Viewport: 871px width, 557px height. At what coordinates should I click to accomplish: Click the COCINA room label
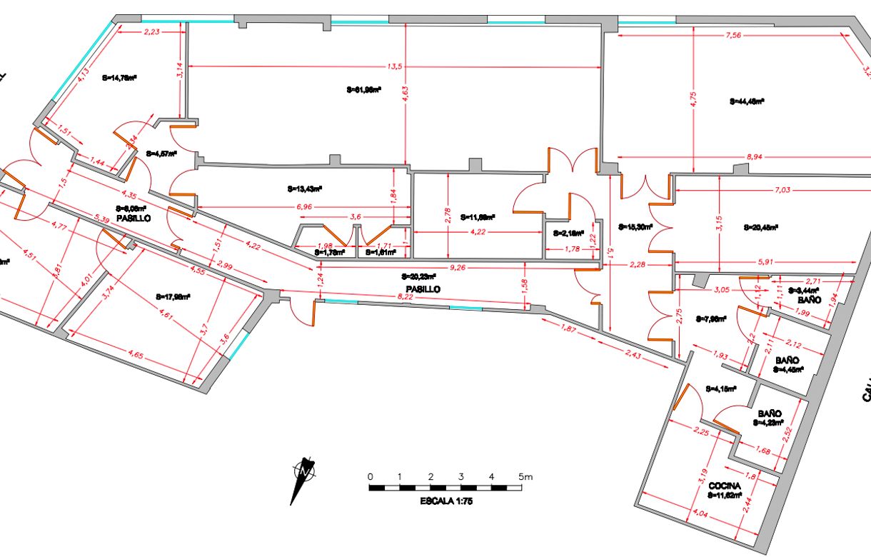tap(725, 486)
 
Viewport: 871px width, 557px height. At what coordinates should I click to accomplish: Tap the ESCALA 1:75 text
tap(446, 501)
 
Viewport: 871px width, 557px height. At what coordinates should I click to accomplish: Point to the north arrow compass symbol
tap(303, 475)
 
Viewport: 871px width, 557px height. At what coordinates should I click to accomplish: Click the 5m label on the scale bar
tap(525, 476)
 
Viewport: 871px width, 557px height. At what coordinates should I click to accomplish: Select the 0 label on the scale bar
tap(370, 476)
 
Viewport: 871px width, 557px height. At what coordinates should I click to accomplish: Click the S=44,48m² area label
tap(747, 101)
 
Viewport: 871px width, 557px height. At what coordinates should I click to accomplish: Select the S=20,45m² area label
tap(760, 228)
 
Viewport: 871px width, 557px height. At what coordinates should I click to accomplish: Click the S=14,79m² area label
tap(119, 79)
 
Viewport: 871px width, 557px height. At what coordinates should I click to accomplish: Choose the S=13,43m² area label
tap(305, 189)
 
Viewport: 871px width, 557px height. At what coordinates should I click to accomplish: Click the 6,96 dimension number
tap(303, 206)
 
